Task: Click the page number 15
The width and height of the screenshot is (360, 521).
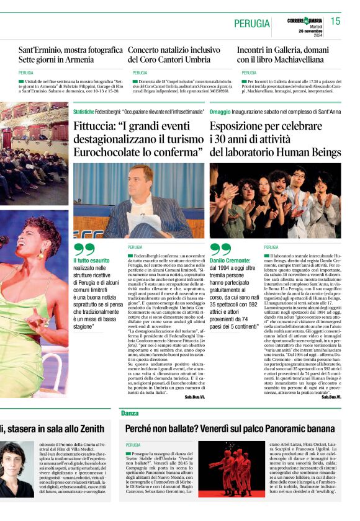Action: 335,21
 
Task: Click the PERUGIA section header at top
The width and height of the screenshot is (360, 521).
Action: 252,24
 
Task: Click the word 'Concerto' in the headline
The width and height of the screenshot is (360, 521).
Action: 148,49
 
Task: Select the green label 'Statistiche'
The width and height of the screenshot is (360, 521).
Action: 83,112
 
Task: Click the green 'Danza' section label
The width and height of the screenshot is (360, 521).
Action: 130,412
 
